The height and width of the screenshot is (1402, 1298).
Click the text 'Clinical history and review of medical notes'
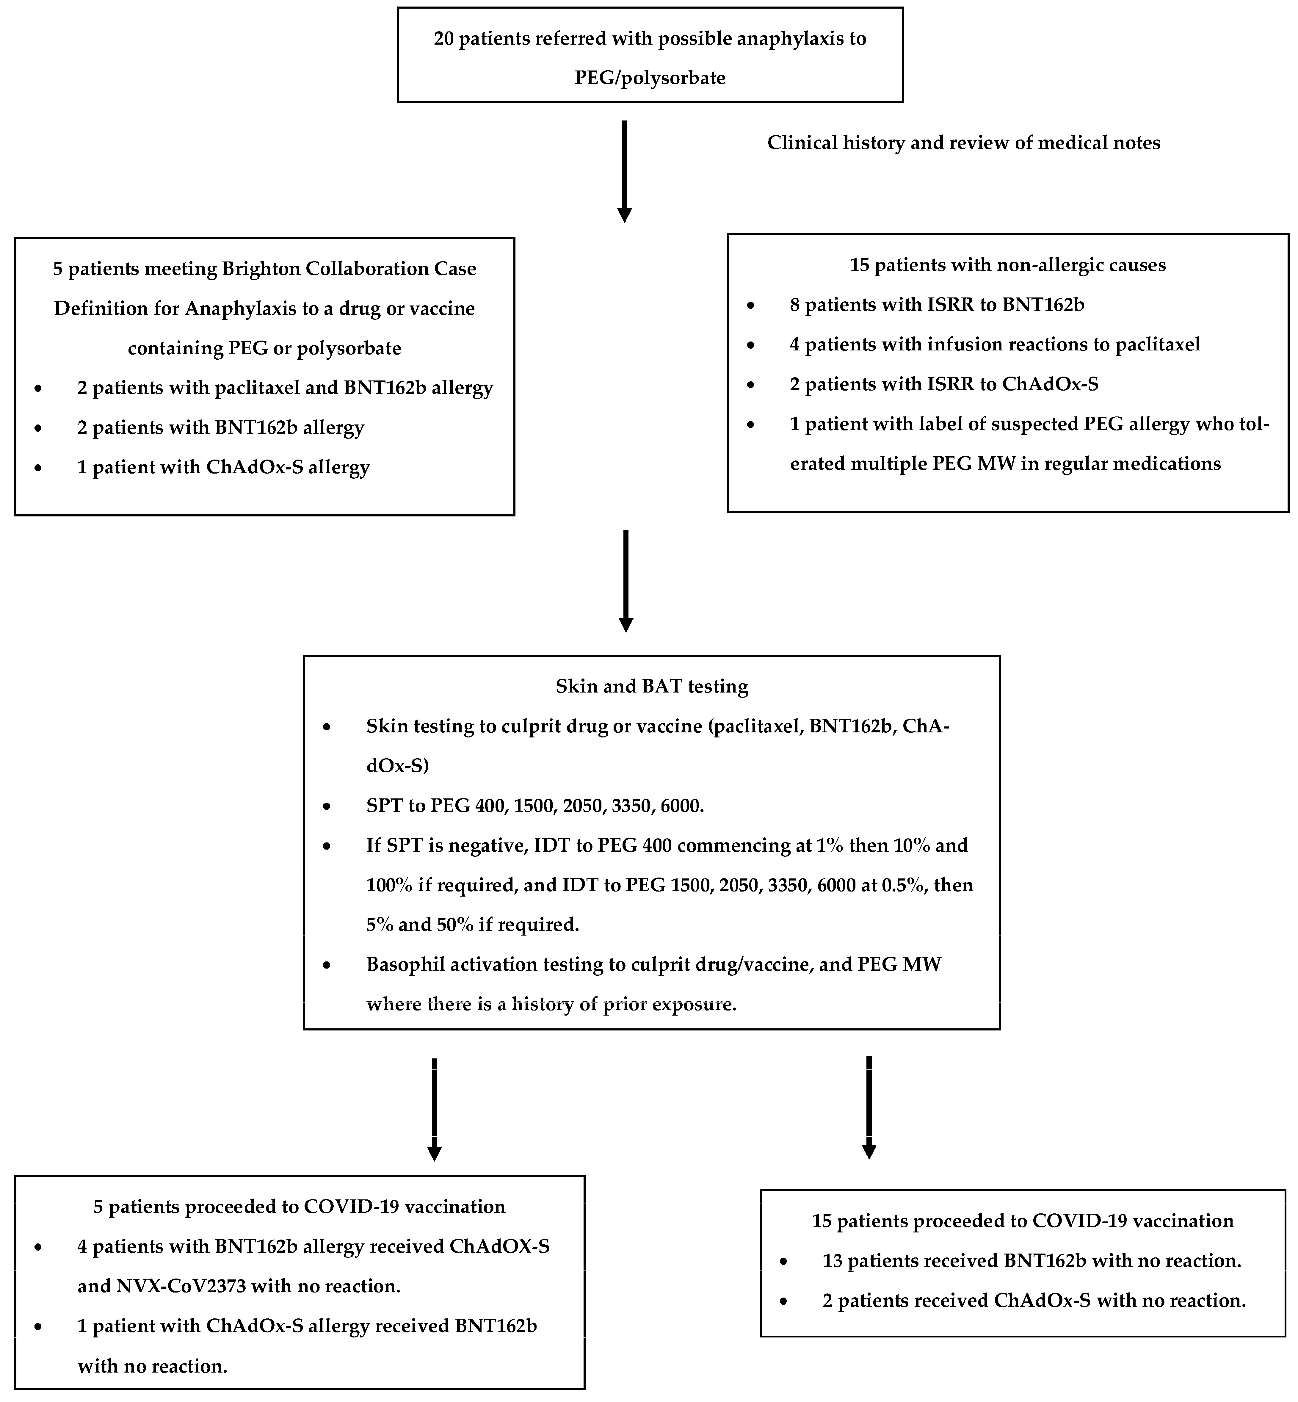pyautogui.click(x=963, y=142)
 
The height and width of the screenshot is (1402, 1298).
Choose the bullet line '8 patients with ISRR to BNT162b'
pyautogui.click(x=937, y=305)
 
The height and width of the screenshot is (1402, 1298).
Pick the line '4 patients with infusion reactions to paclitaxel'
pyautogui.click(x=995, y=344)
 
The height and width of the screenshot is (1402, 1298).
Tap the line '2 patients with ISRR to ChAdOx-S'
pyautogui.click(x=944, y=384)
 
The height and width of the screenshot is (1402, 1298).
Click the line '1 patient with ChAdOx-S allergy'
pyautogui.click(x=223, y=467)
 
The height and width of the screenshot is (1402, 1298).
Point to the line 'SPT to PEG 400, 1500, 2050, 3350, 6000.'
pyautogui.click(x=534, y=806)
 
